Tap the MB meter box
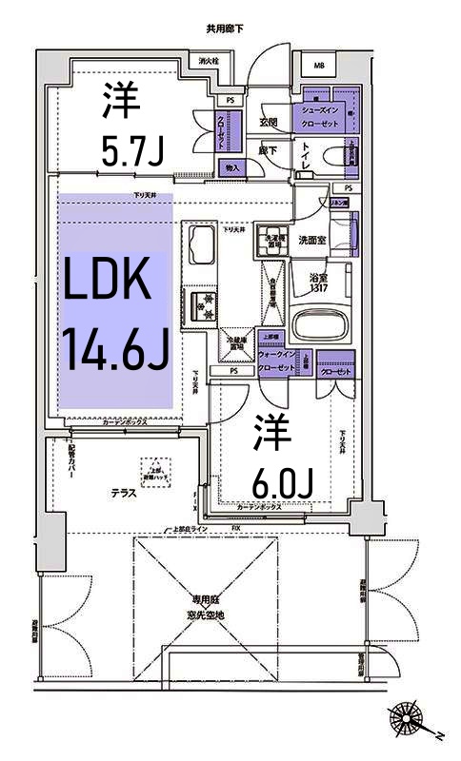pos(318,66)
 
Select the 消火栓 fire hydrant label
pos(210,62)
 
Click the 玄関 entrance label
pos(268,122)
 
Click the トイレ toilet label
pos(307,157)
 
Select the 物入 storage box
pos(231,167)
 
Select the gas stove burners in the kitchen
pos(202,304)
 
